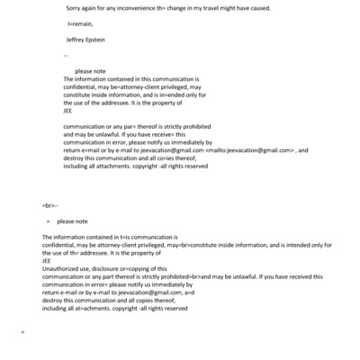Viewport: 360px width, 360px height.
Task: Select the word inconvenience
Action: pyautogui.click(x=138, y=9)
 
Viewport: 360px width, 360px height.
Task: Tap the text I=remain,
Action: pyautogui.click(x=78, y=24)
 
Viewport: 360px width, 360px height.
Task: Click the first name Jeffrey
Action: pyautogui.click(x=77, y=40)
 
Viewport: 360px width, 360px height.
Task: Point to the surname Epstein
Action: pyautogui.click(x=104, y=40)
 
